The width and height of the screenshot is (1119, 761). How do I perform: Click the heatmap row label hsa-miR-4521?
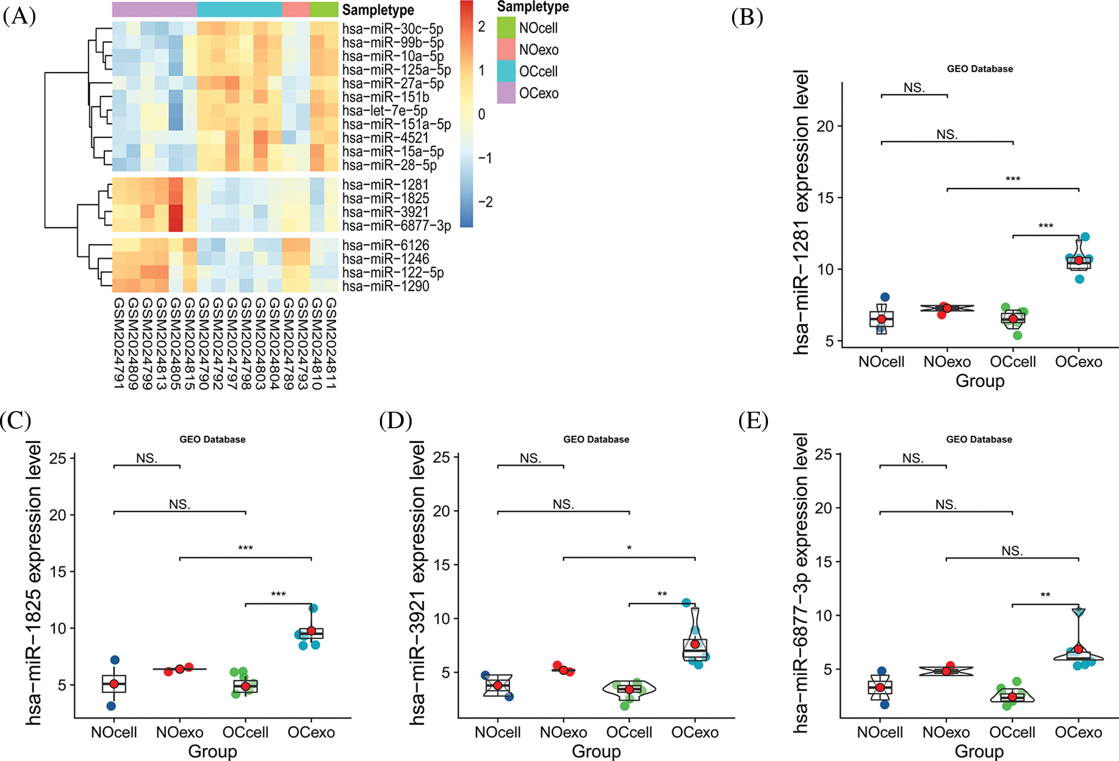point(385,138)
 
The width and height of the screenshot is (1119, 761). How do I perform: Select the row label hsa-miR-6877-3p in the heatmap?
point(396,226)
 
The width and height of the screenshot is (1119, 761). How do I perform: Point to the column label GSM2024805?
point(176,343)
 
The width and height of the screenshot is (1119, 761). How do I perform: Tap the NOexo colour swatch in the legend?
point(506,49)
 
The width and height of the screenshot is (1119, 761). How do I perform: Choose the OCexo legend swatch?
point(506,93)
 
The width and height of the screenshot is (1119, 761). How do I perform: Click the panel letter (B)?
point(747,17)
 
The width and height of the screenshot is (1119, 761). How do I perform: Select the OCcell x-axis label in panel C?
point(245,732)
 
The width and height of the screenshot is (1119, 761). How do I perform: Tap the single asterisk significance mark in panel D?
point(629,548)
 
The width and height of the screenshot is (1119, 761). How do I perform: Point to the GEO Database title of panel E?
point(979,439)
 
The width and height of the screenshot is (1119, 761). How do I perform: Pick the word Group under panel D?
point(596,752)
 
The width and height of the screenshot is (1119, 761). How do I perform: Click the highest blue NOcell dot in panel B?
point(885,297)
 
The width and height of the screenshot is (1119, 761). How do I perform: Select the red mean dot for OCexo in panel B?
point(1078,260)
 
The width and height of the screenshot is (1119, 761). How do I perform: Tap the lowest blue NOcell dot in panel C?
point(111,706)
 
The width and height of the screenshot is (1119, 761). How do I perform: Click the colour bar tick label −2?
point(485,202)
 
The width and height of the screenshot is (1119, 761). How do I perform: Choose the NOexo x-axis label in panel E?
point(946,732)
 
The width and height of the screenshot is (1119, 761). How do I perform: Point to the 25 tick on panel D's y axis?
point(441,458)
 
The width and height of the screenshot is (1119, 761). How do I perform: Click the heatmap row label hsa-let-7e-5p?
point(385,111)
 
